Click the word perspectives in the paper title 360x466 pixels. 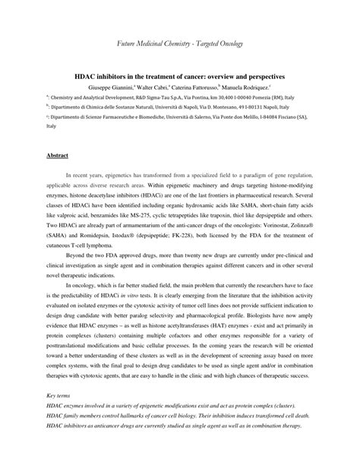coord(267,77)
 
